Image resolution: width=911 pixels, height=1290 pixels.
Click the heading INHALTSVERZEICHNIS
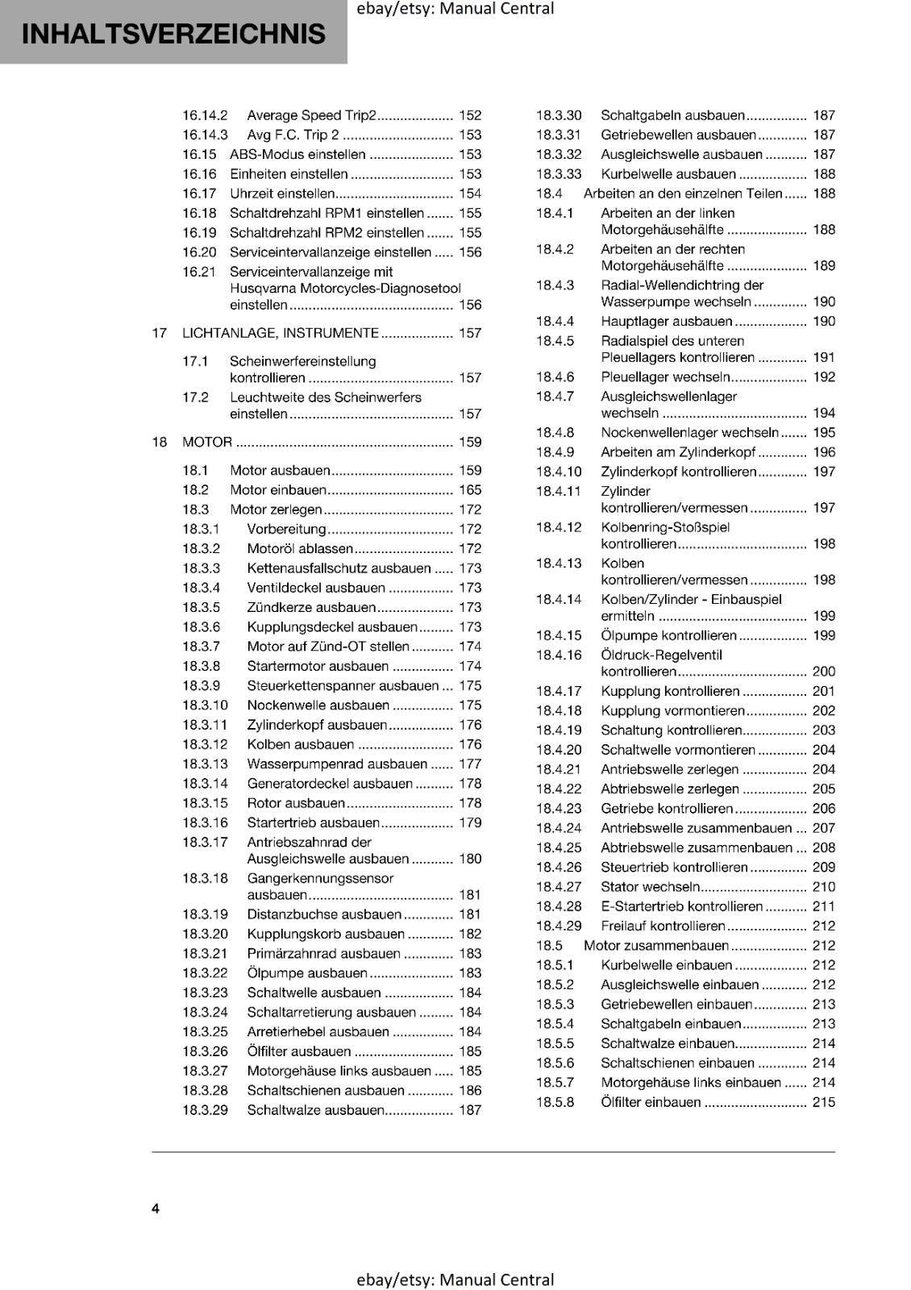(174, 34)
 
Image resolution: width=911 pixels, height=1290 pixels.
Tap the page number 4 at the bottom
(156, 1208)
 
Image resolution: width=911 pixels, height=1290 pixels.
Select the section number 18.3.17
(205, 842)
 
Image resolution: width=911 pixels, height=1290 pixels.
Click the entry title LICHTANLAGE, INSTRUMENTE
(281, 333)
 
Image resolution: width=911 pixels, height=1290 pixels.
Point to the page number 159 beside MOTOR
(470, 442)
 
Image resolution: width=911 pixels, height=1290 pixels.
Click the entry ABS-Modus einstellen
(297, 154)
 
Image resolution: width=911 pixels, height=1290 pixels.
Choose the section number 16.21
(199, 272)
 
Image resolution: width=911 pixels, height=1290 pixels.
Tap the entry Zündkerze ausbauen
(311, 607)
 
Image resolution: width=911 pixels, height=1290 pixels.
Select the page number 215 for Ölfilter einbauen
(824, 1102)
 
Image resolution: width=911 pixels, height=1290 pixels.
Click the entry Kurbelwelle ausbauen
(668, 174)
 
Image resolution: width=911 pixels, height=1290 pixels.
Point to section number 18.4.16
(559, 655)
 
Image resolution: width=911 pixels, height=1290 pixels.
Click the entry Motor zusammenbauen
(656, 945)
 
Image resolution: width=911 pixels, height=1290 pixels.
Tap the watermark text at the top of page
(455, 9)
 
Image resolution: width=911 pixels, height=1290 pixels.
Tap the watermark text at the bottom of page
(455, 1280)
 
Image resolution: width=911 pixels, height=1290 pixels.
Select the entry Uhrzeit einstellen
(282, 193)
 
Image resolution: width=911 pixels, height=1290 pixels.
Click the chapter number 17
(160, 333)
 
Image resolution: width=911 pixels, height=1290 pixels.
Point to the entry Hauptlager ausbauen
(667, 321)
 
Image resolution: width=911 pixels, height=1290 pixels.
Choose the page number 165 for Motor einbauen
(470, 489)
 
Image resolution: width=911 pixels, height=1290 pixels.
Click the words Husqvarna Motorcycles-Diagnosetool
(345, 288)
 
